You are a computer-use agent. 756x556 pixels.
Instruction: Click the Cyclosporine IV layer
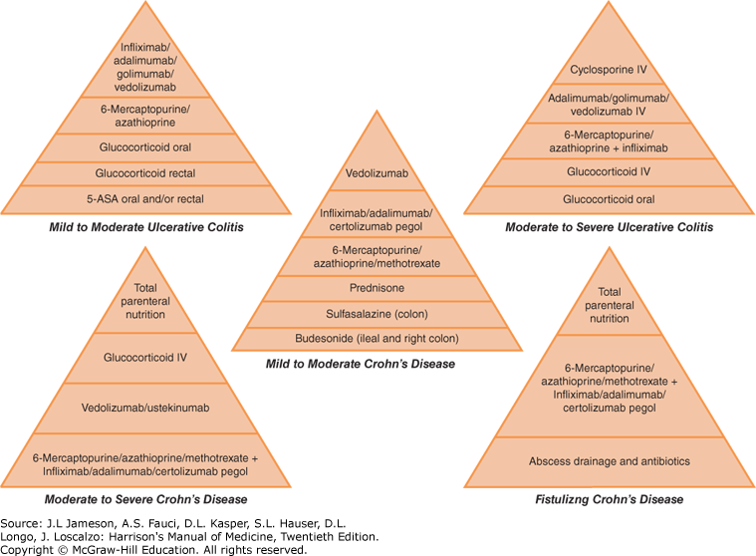[609, 71]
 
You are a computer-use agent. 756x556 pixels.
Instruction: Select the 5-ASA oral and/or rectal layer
[146, 199]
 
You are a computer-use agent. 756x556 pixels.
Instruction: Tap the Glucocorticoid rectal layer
[146, 171]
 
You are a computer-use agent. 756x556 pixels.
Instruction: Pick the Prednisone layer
[377, 287]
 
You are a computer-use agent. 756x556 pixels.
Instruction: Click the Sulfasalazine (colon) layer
[377, 313]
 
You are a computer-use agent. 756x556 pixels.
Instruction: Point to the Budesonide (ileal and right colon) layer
[377, 338]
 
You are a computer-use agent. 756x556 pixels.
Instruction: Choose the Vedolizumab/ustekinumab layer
[147, 409]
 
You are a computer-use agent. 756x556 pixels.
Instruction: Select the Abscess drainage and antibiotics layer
[609, 461]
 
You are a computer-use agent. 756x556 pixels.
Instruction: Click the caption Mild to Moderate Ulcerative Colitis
[146, 227]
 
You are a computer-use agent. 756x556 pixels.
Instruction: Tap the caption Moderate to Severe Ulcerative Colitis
[609, 227]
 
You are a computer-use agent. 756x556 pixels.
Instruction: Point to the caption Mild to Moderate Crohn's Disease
[376, 365]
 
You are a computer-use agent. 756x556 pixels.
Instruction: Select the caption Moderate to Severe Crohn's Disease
[146, 498]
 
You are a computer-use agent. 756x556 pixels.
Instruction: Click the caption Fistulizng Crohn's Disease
[609, 498]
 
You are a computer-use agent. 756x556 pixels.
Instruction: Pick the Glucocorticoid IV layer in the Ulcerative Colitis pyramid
[609, 170]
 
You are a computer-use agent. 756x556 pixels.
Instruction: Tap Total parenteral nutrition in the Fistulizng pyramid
[609, 305]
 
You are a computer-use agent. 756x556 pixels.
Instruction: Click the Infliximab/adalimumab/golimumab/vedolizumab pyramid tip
[146, 67]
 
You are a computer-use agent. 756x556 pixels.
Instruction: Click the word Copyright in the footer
[30, 549]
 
